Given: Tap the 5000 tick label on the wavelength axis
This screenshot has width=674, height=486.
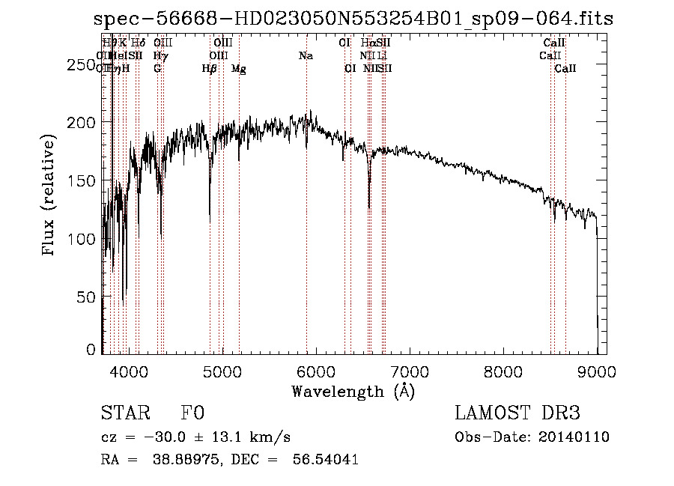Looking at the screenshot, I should pos(222,370).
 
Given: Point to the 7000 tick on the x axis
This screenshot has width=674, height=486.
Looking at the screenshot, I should pos(409,370).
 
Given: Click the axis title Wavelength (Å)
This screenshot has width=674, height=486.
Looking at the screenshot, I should pos(353,391).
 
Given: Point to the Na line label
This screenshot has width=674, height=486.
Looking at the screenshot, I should pos(306,56).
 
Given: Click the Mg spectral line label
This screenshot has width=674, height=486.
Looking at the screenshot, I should pos(239,69).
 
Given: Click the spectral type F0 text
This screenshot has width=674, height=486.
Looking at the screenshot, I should pos(192,414).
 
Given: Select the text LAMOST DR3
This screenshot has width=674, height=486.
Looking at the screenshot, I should pos(517,414).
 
